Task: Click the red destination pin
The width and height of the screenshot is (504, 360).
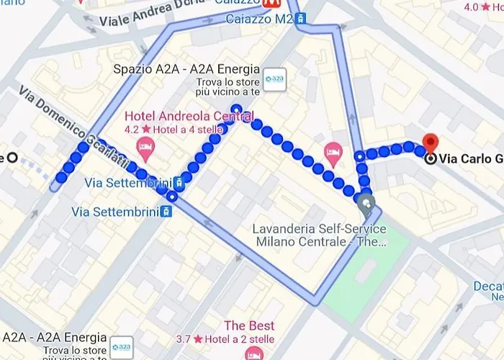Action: click(x=431, y=141)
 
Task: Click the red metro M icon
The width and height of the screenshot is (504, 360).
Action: click(x=271, y=4)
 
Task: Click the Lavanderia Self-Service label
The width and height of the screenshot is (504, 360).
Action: click(x=319, y=229)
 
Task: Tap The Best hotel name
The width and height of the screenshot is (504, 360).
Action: click(x=249, y=325)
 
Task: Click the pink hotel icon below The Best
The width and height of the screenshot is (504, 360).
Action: click(x=253, y=354)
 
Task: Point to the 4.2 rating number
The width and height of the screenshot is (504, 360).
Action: click(x=132, y=130)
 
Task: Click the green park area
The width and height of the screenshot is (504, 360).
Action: click(x=364, y=274)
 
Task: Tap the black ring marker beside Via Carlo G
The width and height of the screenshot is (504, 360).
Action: click(x=431, y=159)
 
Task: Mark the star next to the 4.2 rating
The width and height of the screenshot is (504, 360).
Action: click(x=146, y=130)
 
